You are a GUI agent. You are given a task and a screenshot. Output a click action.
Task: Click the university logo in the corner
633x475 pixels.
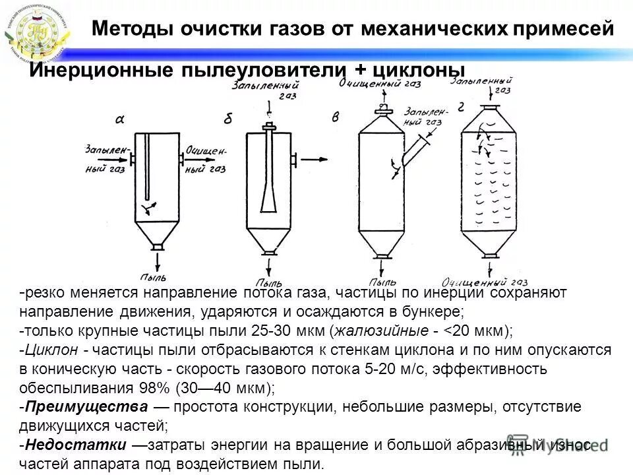[36, 33]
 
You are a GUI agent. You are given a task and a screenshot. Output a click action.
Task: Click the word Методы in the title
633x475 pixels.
[124, 28]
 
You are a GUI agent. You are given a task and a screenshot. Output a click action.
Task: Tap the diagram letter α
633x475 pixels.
[120, 119]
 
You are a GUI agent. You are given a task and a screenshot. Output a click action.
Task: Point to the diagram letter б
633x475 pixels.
[228, 119]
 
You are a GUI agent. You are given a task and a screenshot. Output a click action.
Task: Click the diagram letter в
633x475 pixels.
[336, 117]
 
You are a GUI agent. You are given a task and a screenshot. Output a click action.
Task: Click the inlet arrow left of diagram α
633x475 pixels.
[119, 158]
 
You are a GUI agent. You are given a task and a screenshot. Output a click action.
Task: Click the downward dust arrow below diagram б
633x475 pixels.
[269, 267]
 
